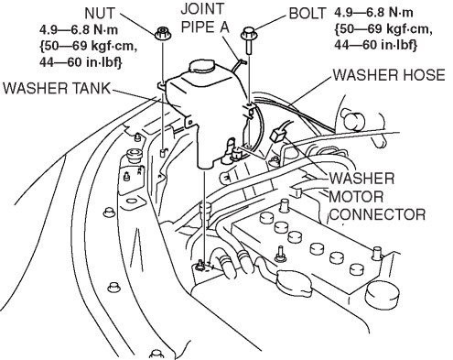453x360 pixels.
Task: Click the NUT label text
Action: coord(101,14)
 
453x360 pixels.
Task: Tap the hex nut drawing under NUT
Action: coord(162,33)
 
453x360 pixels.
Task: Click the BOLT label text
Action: coord(307,14)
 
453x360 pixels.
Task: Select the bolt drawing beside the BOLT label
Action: coord(249,40)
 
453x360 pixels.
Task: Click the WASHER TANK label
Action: coord(57,88)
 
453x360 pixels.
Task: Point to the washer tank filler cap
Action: coord(202,66)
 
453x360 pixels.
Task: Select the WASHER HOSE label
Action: coord(389,75)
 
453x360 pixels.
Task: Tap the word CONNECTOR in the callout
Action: coord(377,214)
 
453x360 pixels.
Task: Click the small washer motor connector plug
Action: coord(277,134)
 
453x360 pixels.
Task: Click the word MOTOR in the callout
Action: coord(356,197)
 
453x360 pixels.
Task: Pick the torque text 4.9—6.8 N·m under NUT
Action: coord(79,30)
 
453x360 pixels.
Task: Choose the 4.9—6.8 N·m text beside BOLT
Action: coord(373,13)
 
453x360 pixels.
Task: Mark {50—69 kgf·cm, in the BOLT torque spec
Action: coord(383,29)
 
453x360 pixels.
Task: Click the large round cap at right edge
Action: coord(381,296)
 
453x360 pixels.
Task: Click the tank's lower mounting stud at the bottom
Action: coord(200,264)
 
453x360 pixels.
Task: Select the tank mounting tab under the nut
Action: coord(162,85)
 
